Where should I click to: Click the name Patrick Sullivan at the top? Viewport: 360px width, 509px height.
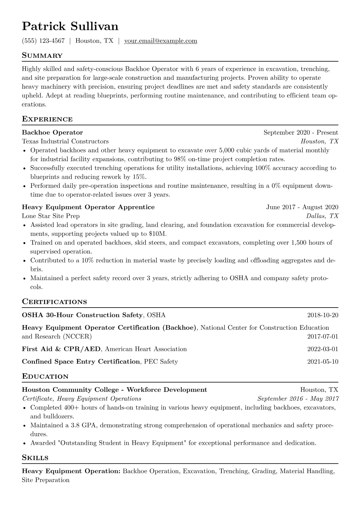coord(70,26)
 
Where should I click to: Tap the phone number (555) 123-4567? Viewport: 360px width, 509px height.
coord(43,41)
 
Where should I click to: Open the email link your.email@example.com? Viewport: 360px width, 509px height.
coord(161,41)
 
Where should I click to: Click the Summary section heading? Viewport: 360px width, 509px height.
coord(42,56)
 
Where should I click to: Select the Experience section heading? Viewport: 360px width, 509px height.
coord(47,119)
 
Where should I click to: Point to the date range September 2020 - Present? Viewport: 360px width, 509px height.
coord(301,132)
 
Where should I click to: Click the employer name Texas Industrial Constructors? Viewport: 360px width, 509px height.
coord(65,141)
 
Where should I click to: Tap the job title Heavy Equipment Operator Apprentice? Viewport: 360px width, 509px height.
coord(88,207)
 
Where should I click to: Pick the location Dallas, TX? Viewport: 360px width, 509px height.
coord(322,216)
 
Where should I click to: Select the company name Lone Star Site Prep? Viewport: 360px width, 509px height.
coord(51,216)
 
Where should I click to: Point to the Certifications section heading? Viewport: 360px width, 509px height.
coord(54,302)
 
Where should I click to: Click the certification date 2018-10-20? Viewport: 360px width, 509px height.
coord(322,315)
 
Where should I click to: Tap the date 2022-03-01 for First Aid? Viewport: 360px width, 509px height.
coord(322,349)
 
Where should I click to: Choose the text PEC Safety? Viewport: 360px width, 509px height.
coord(161,361)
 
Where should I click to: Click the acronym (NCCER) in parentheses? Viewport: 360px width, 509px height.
coord(77,336)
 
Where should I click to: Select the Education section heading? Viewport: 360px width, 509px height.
coord(45,377)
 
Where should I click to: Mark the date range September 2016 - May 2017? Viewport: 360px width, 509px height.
coord(298,399)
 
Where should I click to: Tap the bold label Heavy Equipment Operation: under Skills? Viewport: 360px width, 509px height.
coord(71,471)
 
